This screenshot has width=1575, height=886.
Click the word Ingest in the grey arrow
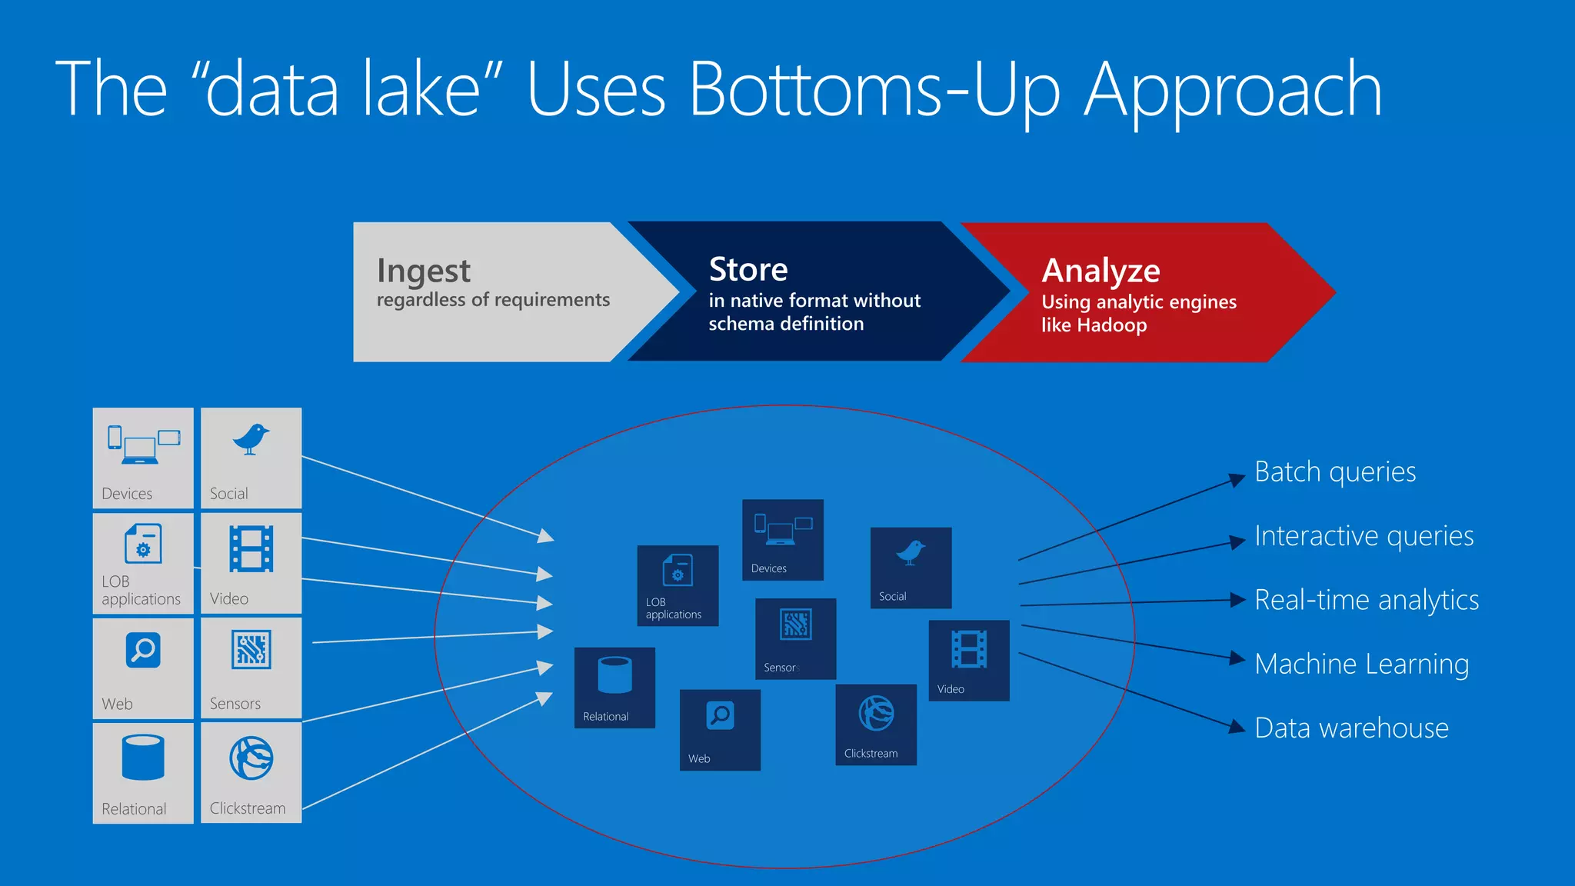423,271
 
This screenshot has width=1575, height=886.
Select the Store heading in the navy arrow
748,270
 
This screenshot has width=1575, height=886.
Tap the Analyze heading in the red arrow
1101,271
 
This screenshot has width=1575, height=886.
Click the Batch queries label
1334,472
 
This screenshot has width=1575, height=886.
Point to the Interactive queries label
1364,536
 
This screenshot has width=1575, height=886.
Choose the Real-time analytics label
1366,600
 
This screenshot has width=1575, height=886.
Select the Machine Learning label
1361,664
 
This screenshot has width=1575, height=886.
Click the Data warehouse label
1351,728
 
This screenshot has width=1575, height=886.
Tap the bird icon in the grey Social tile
251,439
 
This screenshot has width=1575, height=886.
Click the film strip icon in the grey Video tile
251,548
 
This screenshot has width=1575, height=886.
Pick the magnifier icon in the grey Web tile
143,651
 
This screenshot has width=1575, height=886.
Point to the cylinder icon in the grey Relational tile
143,758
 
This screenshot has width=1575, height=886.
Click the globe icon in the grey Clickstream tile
251,758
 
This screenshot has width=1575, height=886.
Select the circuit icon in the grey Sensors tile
251,650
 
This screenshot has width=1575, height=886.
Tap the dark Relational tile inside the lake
614,688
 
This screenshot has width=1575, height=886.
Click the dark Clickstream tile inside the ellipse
876,724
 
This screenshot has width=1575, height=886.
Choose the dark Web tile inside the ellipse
720,730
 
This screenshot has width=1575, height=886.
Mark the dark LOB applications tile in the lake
678,586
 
